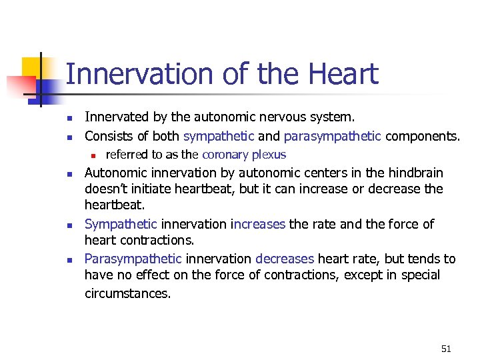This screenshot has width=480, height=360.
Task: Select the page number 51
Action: click(446, 349)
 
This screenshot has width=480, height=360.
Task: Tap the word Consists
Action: click(109, 137)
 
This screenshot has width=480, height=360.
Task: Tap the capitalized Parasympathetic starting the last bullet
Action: click(133, 259)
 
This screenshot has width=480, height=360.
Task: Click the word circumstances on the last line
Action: click(127, 293)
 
